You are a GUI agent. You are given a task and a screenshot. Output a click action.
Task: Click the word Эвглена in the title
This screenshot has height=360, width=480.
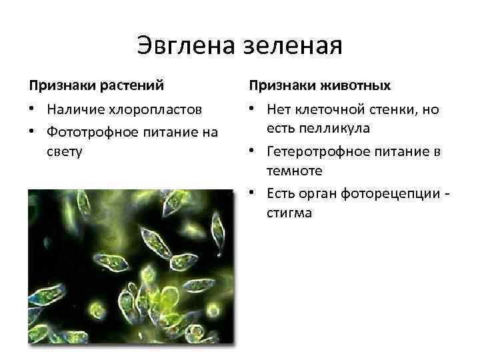179,46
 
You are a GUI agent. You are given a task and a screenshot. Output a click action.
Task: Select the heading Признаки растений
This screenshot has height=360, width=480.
97,86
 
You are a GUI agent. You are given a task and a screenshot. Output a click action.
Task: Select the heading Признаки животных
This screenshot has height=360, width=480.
320,86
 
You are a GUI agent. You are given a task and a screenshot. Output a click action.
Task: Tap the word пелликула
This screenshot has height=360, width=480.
325,127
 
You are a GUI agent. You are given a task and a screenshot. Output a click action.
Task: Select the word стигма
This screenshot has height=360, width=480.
289,213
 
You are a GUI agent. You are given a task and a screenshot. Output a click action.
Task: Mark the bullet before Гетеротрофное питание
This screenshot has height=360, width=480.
253,151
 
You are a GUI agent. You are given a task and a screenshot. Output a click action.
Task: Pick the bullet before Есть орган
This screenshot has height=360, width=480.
253,193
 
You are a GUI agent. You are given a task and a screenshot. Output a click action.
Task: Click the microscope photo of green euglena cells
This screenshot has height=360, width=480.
131,267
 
